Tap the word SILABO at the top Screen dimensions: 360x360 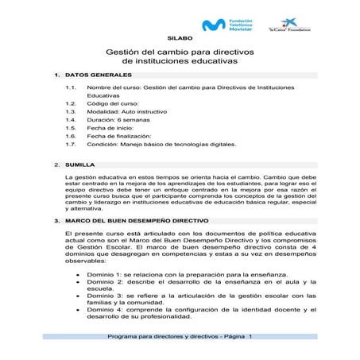(x=179, y=37)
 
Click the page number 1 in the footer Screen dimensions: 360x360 (x=251, y=337)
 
